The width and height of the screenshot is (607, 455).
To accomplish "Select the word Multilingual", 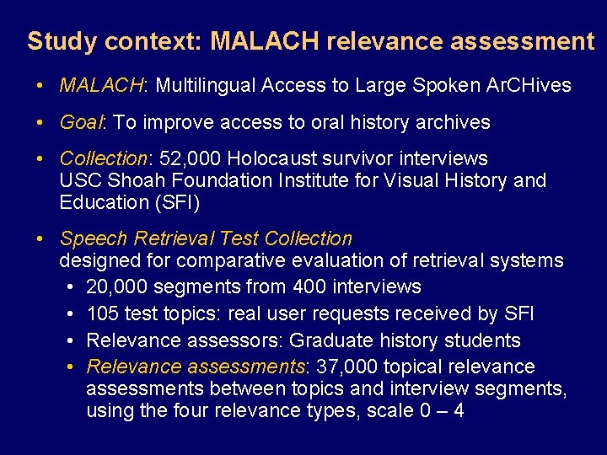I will point(206,85).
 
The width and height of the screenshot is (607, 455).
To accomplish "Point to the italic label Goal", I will point(81,122).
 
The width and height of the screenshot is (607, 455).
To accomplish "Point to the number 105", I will point(103,314).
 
